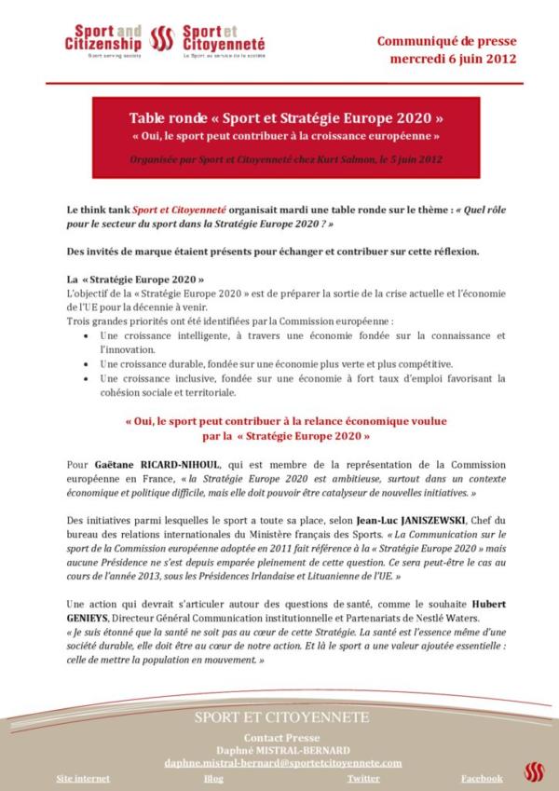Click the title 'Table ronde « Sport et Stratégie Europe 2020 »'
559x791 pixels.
[285, 120]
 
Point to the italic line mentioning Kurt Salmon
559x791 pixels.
[285, 159]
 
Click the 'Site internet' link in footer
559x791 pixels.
[83, 778]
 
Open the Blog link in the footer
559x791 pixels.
[213, 778]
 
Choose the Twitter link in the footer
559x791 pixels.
[363, 778]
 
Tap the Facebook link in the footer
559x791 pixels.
[482, 778]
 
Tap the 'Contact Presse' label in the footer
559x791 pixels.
[282, 736]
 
